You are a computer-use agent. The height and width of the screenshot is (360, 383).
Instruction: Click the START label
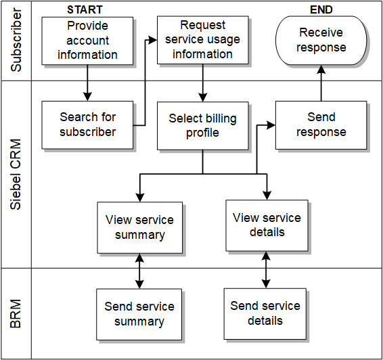tap(85, 9)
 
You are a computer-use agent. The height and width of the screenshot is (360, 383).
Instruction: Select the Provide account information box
tap(87, 41)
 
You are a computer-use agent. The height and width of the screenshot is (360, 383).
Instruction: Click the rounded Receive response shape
tap(321, 41)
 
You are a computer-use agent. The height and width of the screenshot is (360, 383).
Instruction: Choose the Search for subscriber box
tap(87, 125)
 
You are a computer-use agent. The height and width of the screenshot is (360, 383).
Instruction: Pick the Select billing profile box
tap(202, 125)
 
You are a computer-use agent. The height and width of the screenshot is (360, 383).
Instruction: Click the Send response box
tap(321, 125)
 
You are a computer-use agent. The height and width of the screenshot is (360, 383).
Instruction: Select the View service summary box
tap(139, 227)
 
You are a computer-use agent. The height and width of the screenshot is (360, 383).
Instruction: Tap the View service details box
tap(267, 225)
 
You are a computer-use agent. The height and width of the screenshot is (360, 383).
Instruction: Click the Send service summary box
tap(139, 314)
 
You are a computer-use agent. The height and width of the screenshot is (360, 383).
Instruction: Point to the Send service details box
tap(265, 313)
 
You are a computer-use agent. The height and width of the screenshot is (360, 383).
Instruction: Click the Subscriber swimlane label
tap(16, 41)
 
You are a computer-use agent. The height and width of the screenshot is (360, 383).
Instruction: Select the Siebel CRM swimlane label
tap(16, 173)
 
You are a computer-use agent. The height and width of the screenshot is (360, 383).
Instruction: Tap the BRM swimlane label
tap(16, 313)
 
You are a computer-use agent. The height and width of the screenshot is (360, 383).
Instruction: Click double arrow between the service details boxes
tap(266, 270)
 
